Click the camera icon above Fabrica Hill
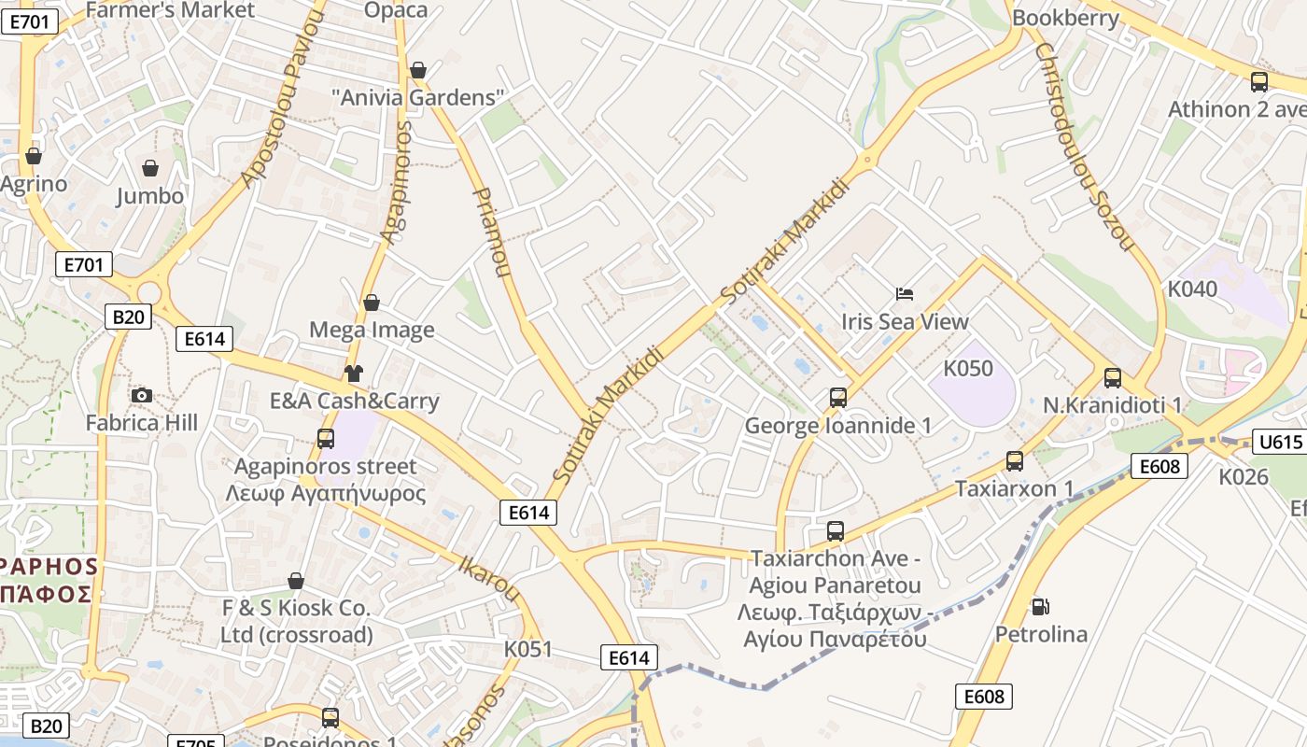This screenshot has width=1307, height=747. (142, 396)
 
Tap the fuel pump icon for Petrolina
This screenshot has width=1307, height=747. (1040, 607)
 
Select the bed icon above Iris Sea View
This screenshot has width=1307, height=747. (904, 294)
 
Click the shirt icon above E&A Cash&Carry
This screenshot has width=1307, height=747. (354, 374)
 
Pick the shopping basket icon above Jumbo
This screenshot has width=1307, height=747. (149, 168)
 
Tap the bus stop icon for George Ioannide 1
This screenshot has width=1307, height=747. (838, 398)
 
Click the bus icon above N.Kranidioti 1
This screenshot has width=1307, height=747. (1113, 378)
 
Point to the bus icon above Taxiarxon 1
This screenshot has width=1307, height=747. (1015, 461)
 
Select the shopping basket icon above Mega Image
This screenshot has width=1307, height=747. (372, 303)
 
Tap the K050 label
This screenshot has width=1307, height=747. (968, 369)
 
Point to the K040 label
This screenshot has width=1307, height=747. (1192, 289)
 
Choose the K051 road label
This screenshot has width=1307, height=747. (528, 649)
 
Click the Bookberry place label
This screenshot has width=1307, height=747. (1065, 18)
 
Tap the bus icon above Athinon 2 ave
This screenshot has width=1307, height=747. (1259, 82)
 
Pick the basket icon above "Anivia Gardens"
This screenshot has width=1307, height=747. (418, 70)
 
